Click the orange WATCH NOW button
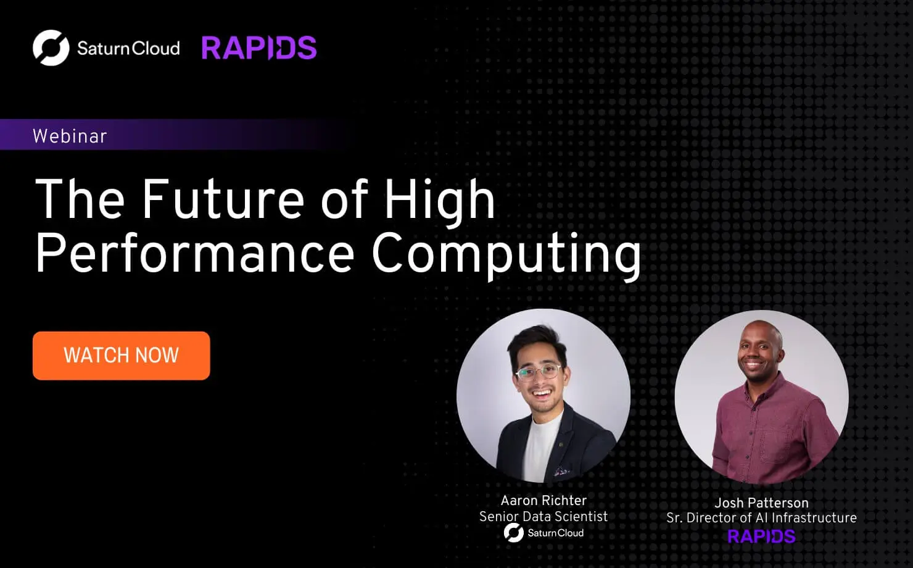coord(121,355)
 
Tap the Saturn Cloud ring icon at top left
coord(51,48)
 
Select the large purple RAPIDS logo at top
coord(258,48)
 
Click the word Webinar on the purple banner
coord(70,136)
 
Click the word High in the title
coord(440,199)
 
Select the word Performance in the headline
coord(194,253)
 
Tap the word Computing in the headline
coord(506,253)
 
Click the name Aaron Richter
coord(543,500)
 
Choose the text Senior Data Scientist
coord(543,516)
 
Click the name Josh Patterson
coord(761,503)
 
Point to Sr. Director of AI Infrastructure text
coord(761,517)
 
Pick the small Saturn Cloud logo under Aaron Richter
coord(543,533)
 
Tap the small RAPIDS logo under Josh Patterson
coord(761,536)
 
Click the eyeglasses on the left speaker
coord(539,373)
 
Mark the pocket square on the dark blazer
coord(561,472)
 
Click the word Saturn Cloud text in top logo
coord(128,48)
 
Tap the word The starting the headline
coord(80,199)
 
